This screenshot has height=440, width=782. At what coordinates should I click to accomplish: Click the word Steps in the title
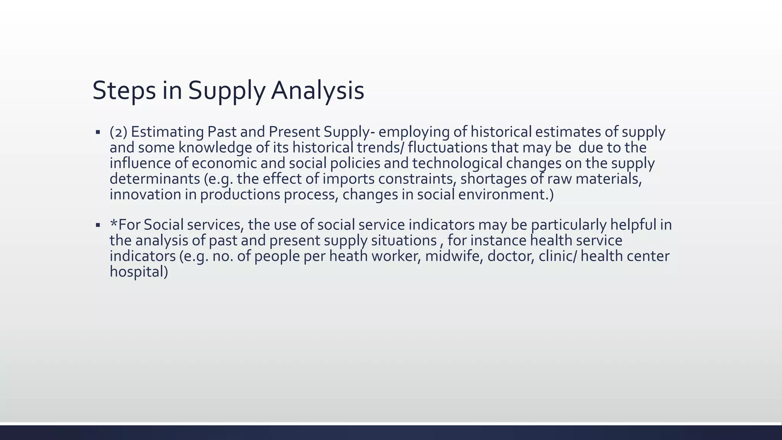(x=124, y=91)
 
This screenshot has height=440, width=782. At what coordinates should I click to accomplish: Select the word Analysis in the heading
(x=317, y=91)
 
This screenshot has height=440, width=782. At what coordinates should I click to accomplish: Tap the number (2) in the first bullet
(x=118, y=132)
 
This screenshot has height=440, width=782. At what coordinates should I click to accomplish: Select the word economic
(x=224, y=163)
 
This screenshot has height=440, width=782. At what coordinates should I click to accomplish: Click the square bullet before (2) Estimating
(x=98, y=132)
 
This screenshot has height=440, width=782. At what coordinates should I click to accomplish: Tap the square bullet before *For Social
(x=98, y=225)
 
